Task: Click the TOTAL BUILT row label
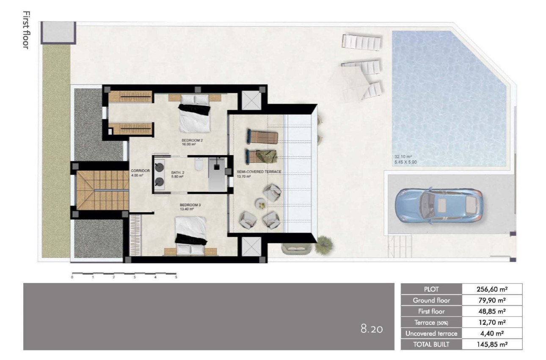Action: tap(431, 344)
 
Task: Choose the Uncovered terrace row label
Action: tap(431, 333)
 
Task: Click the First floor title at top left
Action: tap(25, 30)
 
